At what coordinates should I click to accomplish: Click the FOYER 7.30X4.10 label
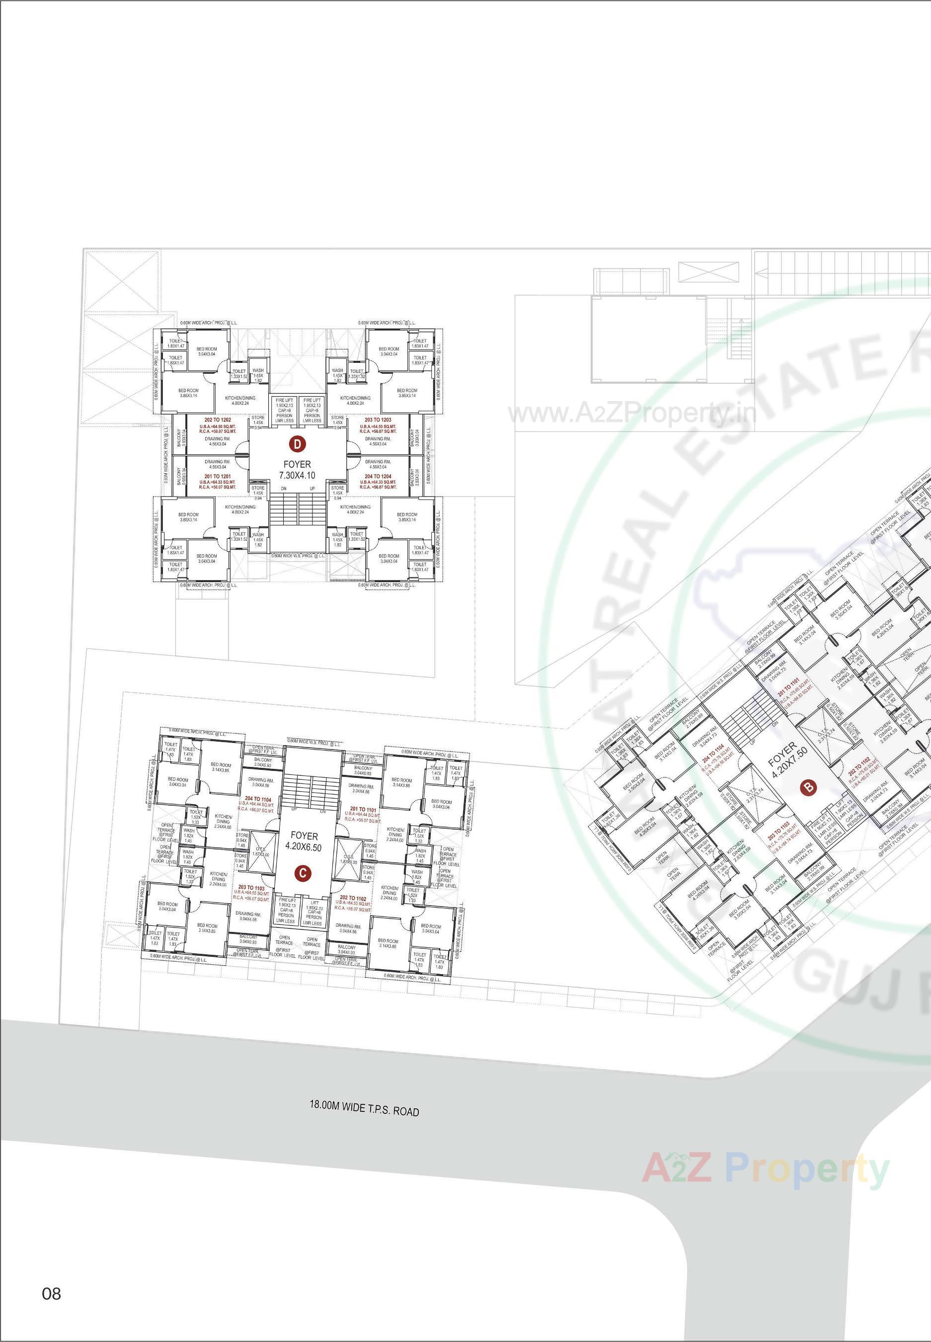[x=298, y=470]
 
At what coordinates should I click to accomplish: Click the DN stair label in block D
[x=284, y=488]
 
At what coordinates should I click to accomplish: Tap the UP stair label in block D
[x=312, y=488]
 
